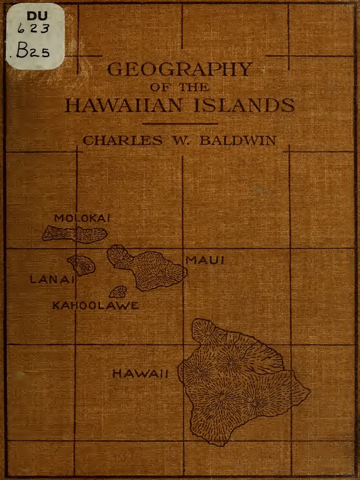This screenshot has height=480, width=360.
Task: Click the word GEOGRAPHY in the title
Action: (180, 70)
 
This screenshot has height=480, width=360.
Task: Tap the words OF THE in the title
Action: (180, 88)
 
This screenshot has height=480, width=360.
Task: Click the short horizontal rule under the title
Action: (180, 124)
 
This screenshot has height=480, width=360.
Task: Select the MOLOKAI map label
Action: (82, 218)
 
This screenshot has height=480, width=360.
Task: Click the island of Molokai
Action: (75, 233)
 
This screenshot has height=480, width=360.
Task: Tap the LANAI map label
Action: (52, 280)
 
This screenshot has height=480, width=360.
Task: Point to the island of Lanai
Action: (82, 265)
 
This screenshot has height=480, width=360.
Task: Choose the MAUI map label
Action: (205, 260)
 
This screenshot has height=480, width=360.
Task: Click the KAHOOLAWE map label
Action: (95, 306)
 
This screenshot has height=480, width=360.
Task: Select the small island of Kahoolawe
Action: (118, 292)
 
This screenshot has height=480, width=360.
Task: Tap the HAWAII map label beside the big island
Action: (140, 374)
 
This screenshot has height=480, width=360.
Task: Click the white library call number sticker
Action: (35, 36)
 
